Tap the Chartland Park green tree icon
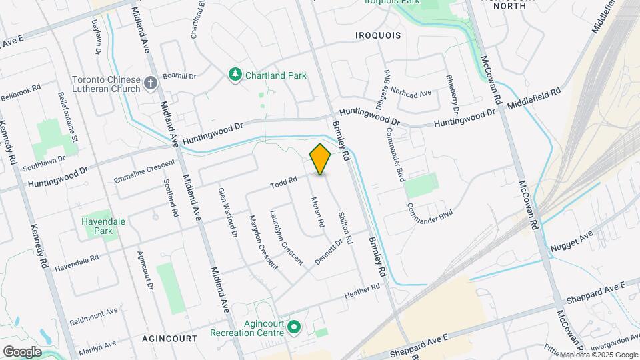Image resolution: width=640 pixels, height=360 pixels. tap(234, 75)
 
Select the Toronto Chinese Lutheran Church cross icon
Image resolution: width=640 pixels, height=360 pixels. tap(151, 83)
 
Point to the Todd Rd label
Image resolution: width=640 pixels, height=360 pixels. tap(283, 185)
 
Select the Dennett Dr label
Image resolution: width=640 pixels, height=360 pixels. tap(328, 252)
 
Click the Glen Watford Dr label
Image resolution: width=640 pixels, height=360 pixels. tap(227, 212)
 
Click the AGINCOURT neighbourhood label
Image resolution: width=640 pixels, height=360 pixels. tap(169, 339)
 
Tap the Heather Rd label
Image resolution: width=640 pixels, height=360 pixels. tap(362, 291)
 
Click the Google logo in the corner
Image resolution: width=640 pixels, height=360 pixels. tap(22, 351)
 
